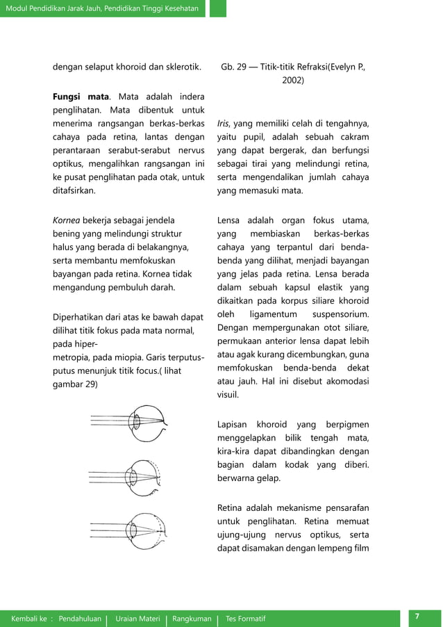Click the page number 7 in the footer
coord(417,617)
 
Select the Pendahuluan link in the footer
coord(80,619)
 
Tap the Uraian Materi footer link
coord(136,619)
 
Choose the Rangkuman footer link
coord(191,619)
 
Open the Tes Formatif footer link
coord(245,619)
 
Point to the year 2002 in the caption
coord(292,81)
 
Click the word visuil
coord(229,395)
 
